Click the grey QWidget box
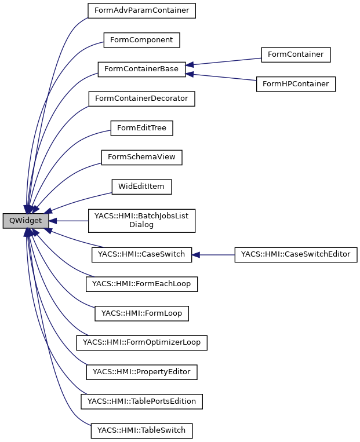pyautogui.click(x=26, y=221)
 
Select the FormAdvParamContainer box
pyautogui.click(x=141, y=10)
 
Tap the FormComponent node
pyautogui.click(x=141, y=40)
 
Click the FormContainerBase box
pyautogui.click(x=141, y=69)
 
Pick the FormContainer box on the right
pyautogui.click(x=296, y=54)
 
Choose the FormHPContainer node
pyautogui.click(x=296, y=84)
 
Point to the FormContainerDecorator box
pyautogui.click(x=141, y=98)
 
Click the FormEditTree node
pyautogui.click(x=141, y=128)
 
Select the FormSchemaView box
pyautogui.click(x=141, y=157)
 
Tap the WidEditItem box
pyautogui.click(x=141, y=187)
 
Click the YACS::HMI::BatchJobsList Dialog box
pyautogui.click(x=141, y=220)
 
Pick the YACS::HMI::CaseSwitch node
pyautogui.click(x=141, y=254)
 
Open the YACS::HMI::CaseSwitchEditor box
pyautogui.click(x=296, y=254)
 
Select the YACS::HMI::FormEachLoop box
pyautogui.click(x=141, y=284)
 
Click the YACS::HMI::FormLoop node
pyautogui.click(x=141, y=313)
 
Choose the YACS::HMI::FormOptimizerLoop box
pyautogui.click(x=141, y=342)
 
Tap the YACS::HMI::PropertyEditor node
pyautogui.click(x=141, y=372)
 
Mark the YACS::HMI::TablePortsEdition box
pyautogui.click(x=141, y=401)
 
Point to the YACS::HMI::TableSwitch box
pyautogui.click(x=141, y=430)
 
